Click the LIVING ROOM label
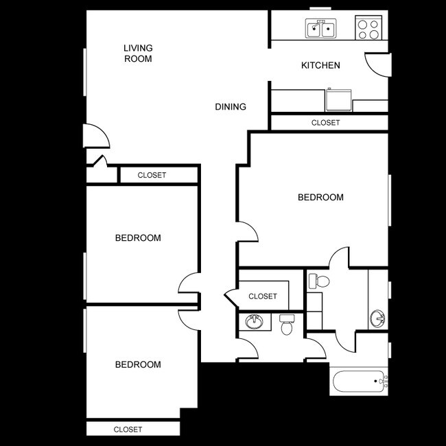click(x=138, y=54)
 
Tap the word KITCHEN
click(x=320, y=66)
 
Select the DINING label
click(x=231, y=107)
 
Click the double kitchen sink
click(x=320, y=29)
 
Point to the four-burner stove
click(x=368, y=28)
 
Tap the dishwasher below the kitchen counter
click(x=338, y=100)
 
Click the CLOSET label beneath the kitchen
click(x=325, y=123)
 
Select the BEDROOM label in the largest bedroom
click(x=320, y=198)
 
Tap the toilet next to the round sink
click(x=286, y=324)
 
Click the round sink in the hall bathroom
click(x=255, y=321)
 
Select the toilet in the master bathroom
click(x=318, y=281)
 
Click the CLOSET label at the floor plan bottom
click(x=128, y=430)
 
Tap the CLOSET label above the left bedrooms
click(x=152, y=175)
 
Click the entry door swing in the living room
click(x=96, y=137)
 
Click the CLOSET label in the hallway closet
click(x=263, y=296)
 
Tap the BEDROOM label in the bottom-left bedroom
click(x=138, y=364)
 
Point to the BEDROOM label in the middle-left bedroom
click(x=138, y=238)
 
